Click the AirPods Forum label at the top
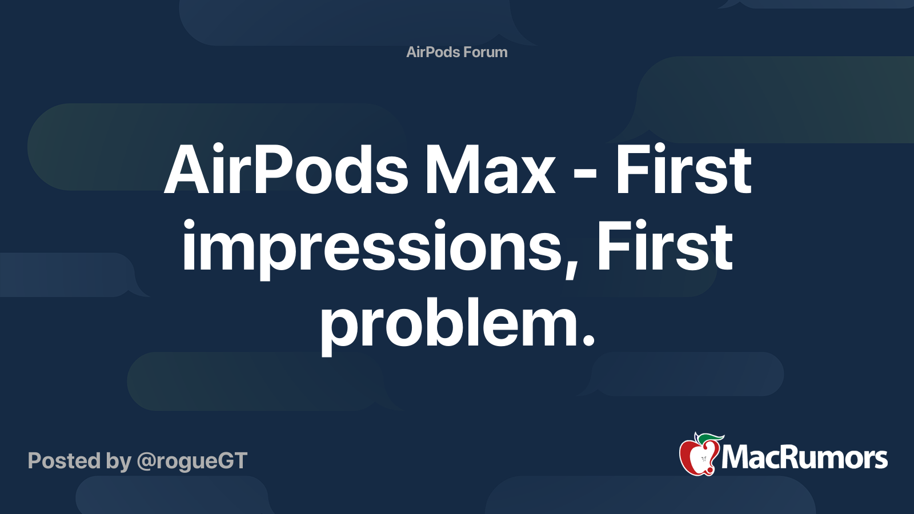coord(456,52)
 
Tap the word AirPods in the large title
coord(286,170)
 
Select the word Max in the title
coord(489,170)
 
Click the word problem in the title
coord(449,324)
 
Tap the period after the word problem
coord(588,341)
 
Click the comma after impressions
coord(572,268)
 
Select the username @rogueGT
coord(192,461)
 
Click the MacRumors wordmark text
coord(804,457)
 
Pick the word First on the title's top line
coord(683,170)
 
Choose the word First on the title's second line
coord(664,247)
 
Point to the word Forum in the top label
coord(485,52)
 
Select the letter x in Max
coord(538,177)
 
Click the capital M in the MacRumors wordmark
coord(737,457)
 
